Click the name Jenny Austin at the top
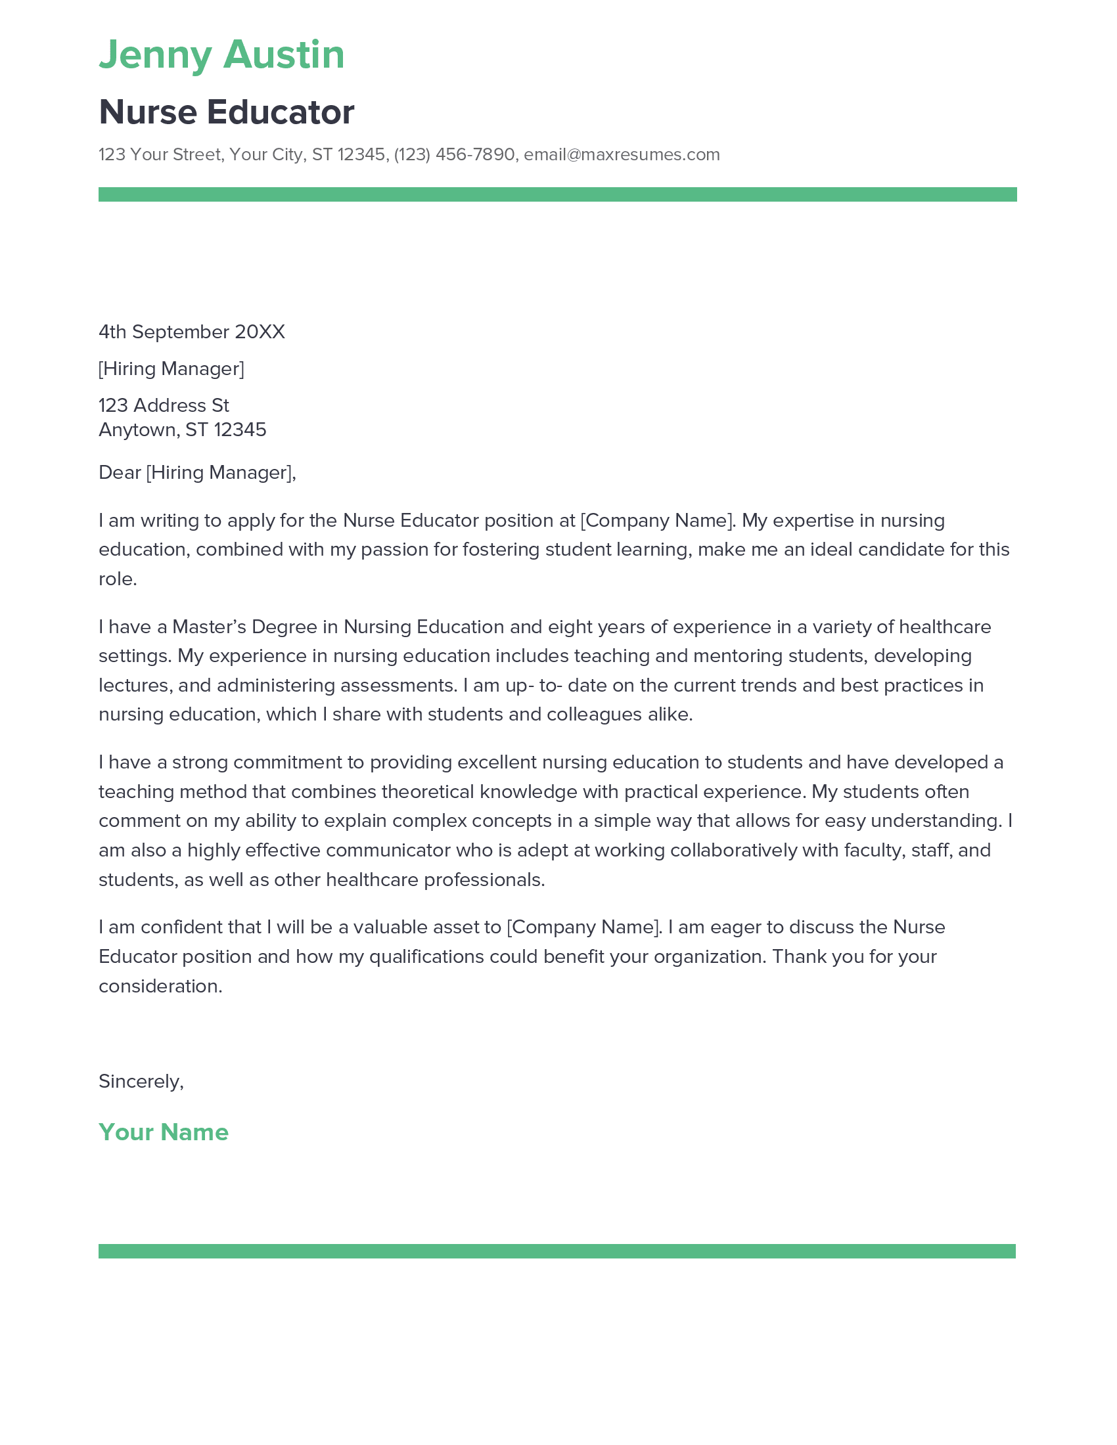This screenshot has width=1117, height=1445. (x=221, y=55)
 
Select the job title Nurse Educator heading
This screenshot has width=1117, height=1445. (x=226, y=112)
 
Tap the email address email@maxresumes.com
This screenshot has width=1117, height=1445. (x=622, y=155)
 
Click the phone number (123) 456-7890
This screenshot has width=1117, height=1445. (x=454, y=155)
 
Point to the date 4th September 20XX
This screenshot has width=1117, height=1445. (x=191, y=332)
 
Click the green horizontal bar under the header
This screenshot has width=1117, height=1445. (x=557, y=194)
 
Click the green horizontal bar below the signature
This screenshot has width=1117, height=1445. (x=557, y=1251)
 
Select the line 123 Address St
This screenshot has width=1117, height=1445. (x=164, y=405)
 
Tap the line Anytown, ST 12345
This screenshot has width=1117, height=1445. (x=182, y=430)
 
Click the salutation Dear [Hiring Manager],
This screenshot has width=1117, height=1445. (x=197, y=472)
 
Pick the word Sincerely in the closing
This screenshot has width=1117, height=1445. (x=139, y=1081)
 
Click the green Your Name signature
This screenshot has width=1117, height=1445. (x=164, y=1132)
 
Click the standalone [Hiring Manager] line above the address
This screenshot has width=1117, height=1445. (x=171, y=368)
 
